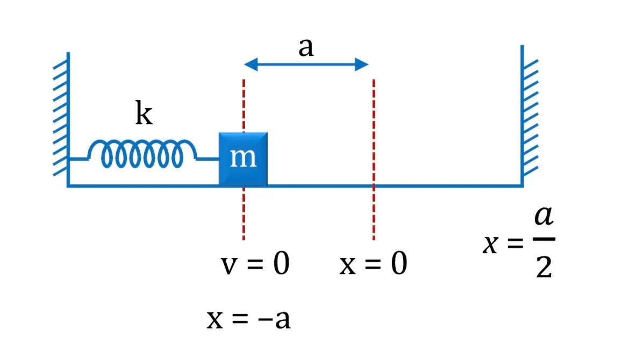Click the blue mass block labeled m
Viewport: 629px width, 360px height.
[243, 159]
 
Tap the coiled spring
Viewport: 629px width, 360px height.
[142, 153]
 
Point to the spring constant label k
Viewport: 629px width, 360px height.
[144, 113]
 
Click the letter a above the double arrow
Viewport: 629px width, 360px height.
[306, 47]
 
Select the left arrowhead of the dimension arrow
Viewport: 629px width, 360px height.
[251, 64]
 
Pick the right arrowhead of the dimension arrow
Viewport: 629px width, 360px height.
[361, 64]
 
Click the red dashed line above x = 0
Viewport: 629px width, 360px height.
[374, 160]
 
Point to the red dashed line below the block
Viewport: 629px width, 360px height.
[244, 213]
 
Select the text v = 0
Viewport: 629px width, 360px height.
[255, 263]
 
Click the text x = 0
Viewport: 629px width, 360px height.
[374, 263]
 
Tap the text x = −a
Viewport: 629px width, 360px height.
[249, 319]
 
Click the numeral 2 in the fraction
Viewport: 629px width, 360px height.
[544, 268]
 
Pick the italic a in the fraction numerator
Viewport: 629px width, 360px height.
[544, 215]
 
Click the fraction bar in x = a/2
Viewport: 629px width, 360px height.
[544, 239]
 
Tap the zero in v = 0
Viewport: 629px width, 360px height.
[281, 264]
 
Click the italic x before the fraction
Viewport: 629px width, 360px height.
[491, 243]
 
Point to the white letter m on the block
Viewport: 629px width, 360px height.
[243, 157]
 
